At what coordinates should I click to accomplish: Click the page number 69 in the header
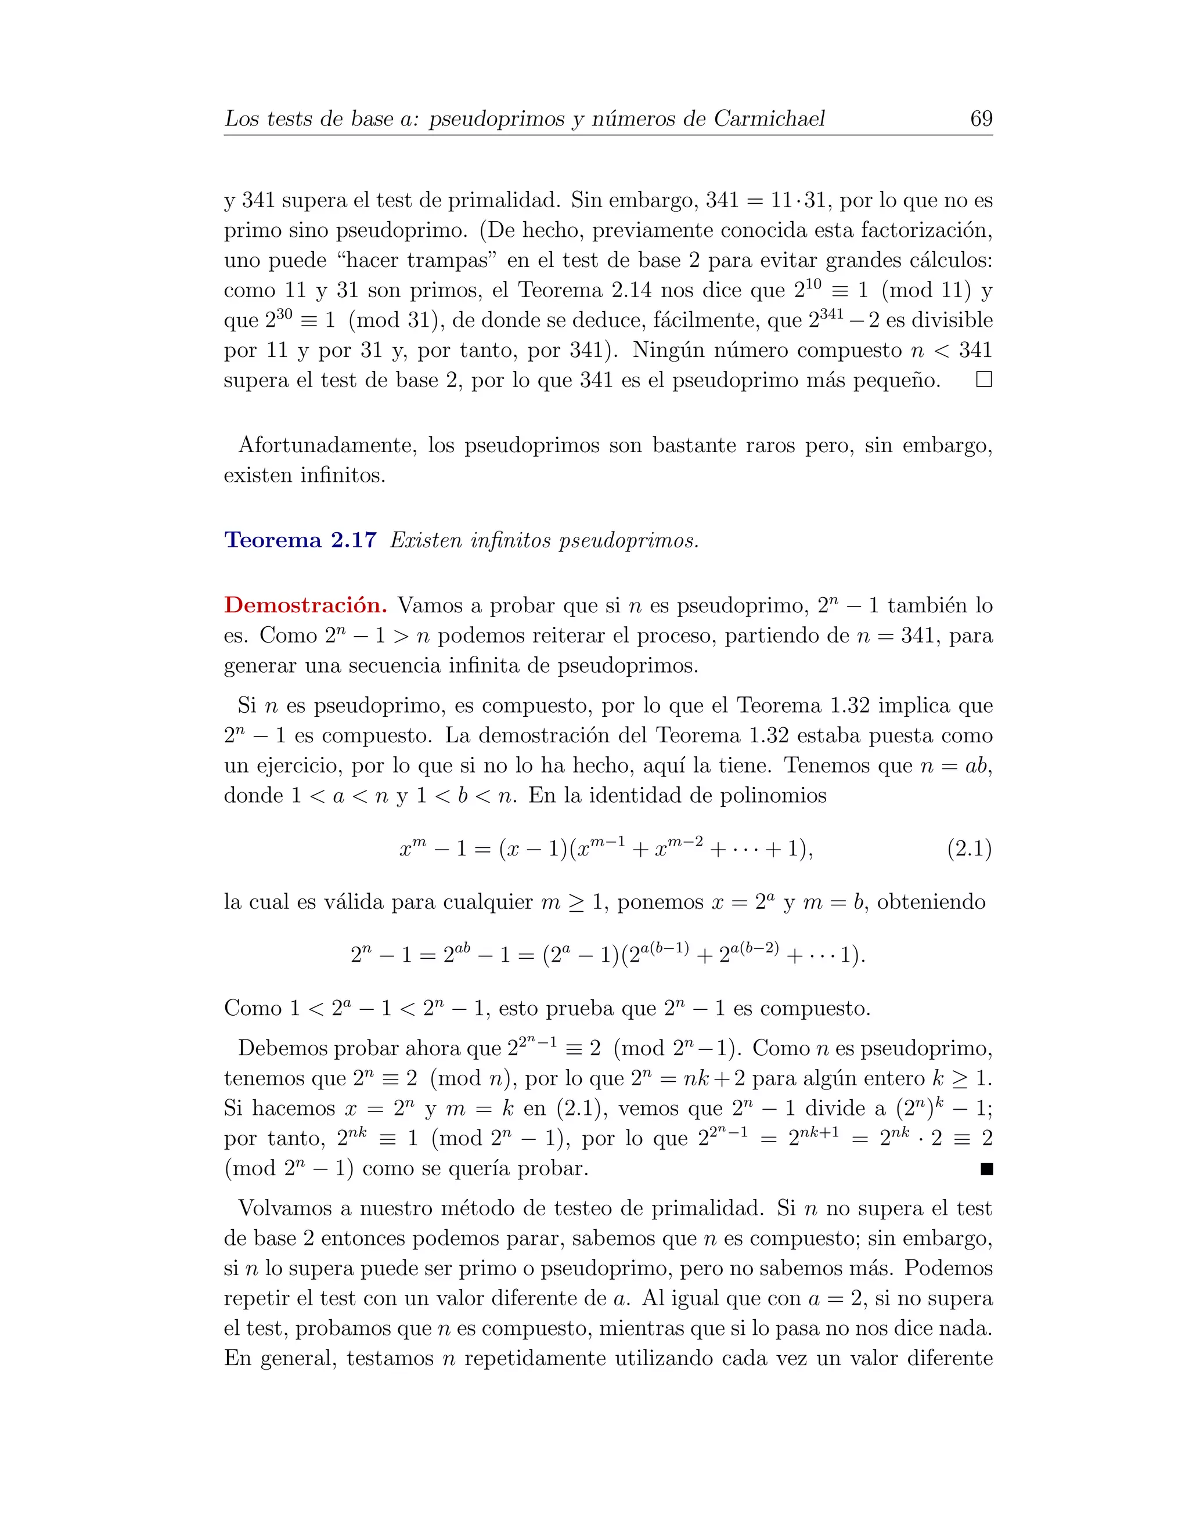coord(981,118)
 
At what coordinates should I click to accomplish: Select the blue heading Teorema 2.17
coord(300,540)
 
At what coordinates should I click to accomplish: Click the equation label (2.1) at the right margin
coord(969,849)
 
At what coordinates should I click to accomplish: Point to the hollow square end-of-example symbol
coord(983,380)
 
